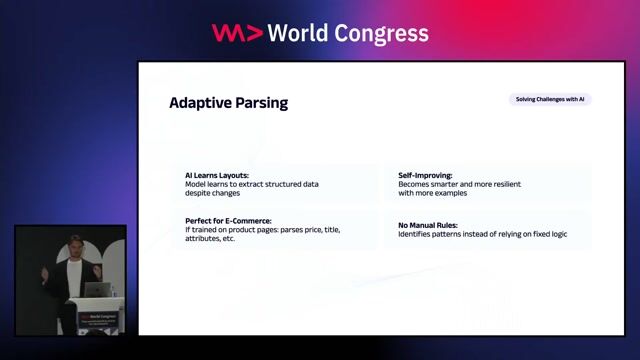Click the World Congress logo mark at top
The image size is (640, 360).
237,33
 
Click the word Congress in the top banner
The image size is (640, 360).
383,33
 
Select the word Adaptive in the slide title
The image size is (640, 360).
199,102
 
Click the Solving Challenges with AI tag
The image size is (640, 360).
549,99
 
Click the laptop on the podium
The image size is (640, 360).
98,289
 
